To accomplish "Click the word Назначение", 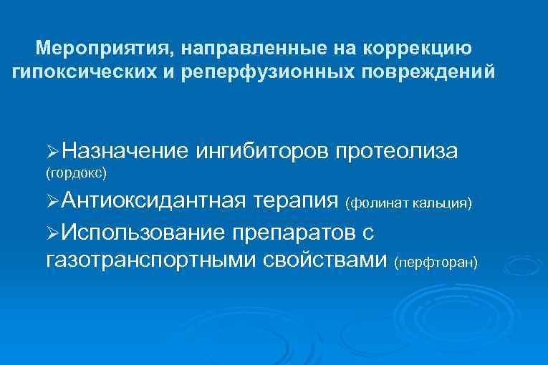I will point(125,151).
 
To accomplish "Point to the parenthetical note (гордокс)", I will point(76,173).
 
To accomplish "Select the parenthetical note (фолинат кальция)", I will point(409,204).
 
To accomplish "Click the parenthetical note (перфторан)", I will point(436,263).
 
